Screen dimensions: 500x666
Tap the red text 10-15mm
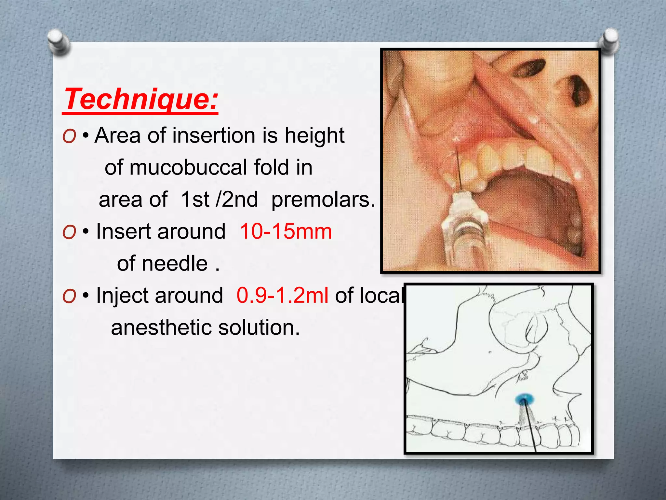click(x=286, y=231)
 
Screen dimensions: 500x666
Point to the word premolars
click(x=323, y=199)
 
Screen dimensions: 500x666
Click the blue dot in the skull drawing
click(x=525, y=399)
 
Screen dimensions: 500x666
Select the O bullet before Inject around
click(x=69, y=296)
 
